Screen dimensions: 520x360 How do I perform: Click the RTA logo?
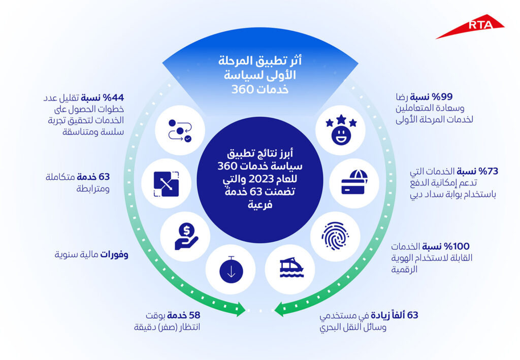[x=470, y=26]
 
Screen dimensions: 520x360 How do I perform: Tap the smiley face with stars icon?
[x=341, y=129]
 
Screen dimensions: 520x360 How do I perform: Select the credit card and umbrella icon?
[x=354, y=182]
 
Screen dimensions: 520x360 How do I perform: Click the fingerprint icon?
[x=335, y=236]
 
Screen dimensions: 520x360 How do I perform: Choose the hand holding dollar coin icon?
[x=186, y=236]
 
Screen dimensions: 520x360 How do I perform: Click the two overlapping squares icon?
[x=166, y=184]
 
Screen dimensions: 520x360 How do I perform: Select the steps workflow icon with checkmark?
[x=180, y=130]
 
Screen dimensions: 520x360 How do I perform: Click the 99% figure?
[x=442, y=97]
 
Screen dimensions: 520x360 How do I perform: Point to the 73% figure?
[x=488, y=172]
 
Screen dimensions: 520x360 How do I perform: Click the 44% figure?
[x=113, y=98]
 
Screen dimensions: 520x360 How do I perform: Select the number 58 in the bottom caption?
[x=194, y=315]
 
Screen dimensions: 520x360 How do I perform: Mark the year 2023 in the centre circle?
[x=259, y=179]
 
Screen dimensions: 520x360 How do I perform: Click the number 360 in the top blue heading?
[x=242, y=89]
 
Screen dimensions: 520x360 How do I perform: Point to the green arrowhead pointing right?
[x=240, y=309]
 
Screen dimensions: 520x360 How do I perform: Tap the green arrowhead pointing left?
[x=279, y=309]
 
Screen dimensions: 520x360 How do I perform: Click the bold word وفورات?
[x=114, y=254]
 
